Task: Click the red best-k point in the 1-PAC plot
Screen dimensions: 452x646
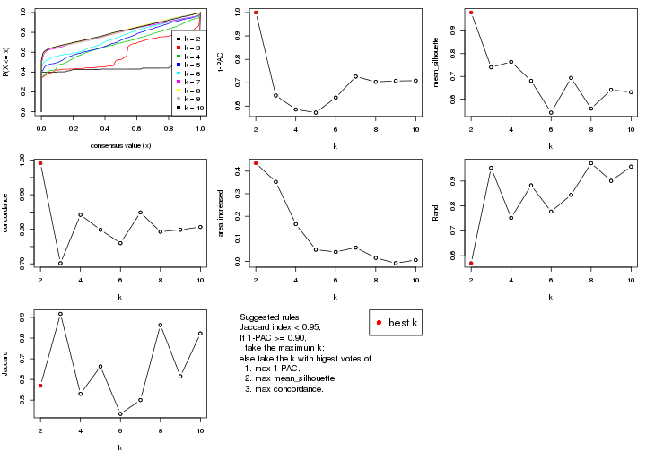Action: pos(256,13)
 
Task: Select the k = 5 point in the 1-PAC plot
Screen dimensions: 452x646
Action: pos(316,112)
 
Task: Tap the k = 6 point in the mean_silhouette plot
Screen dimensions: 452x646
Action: pos(551,112)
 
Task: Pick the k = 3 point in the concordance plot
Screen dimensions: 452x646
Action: pos(60,263)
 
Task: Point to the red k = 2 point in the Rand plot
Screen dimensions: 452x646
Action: pos(471,263)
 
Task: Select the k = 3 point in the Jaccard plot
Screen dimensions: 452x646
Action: pos(60,314)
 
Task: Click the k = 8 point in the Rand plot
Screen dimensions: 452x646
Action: pos(591,163)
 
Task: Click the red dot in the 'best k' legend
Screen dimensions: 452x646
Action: pos(380,322)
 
